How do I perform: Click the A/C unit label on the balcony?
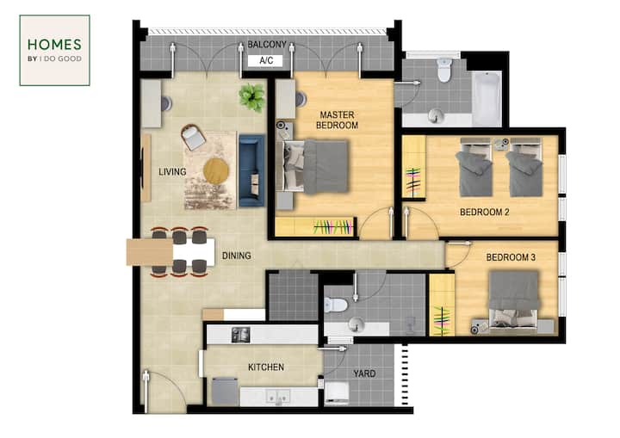point(266,60)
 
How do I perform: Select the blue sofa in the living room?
point(251,170)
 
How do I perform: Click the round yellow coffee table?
point(216,170)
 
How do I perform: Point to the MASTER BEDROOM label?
point(337,120)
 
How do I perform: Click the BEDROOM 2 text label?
point(484,213)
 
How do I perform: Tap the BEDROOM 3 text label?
point(511,258)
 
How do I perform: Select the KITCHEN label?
point(266,367)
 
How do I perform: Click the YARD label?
point(364,374)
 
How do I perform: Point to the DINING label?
point(237,256)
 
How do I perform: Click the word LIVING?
point(172,172)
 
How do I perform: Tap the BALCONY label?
point(267,45)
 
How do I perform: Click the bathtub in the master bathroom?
point(487,98)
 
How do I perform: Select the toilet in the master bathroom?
point(444,70)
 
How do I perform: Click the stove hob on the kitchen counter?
point(240,335)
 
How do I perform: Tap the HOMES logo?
point(54,50)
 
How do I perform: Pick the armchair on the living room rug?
point(193,137)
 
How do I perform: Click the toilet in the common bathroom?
point(335,305)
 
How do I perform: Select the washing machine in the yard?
point(337,393)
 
